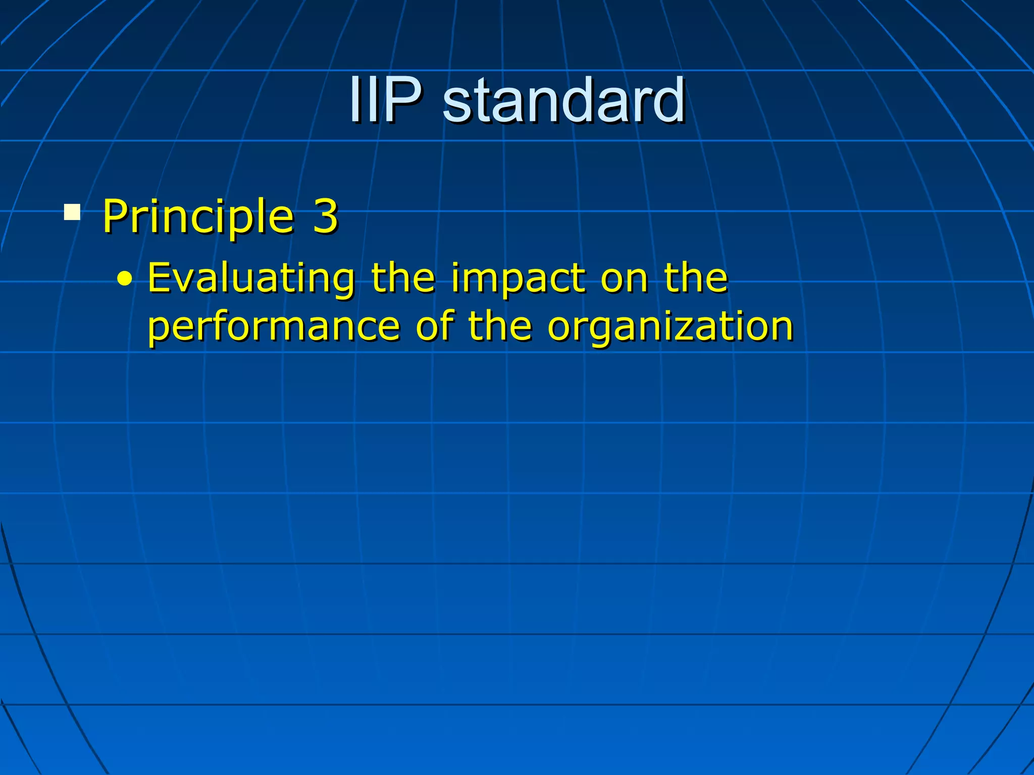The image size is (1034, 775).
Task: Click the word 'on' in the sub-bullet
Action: coord(624,279)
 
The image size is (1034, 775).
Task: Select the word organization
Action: coord(670,327)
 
